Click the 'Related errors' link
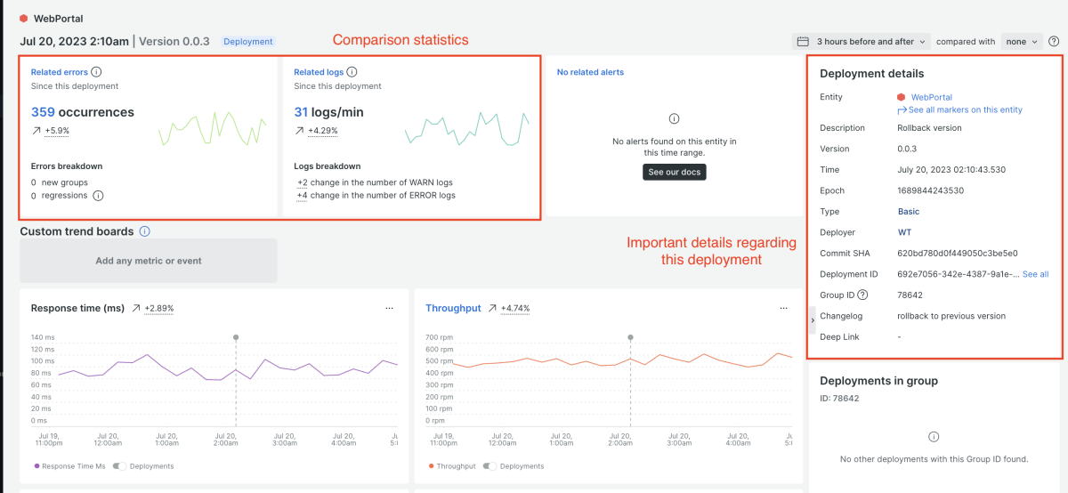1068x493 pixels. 60,72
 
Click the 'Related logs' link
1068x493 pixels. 319,72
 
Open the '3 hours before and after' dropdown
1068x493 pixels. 861,41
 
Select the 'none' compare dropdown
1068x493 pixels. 1022,41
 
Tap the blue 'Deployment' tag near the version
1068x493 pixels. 248,41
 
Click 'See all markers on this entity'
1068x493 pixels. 965,109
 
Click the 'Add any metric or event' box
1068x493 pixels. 149,261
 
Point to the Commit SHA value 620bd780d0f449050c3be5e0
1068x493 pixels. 958,253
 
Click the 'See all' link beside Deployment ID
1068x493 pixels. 1035,274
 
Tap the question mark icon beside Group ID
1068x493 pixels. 862,295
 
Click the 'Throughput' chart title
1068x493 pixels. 453,308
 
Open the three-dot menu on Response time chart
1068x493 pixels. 389,308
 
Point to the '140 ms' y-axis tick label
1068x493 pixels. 43,337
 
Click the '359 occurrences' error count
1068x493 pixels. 83,112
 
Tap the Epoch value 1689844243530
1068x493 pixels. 930,190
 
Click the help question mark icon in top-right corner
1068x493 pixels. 1054,41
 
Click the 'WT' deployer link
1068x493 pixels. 904,232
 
